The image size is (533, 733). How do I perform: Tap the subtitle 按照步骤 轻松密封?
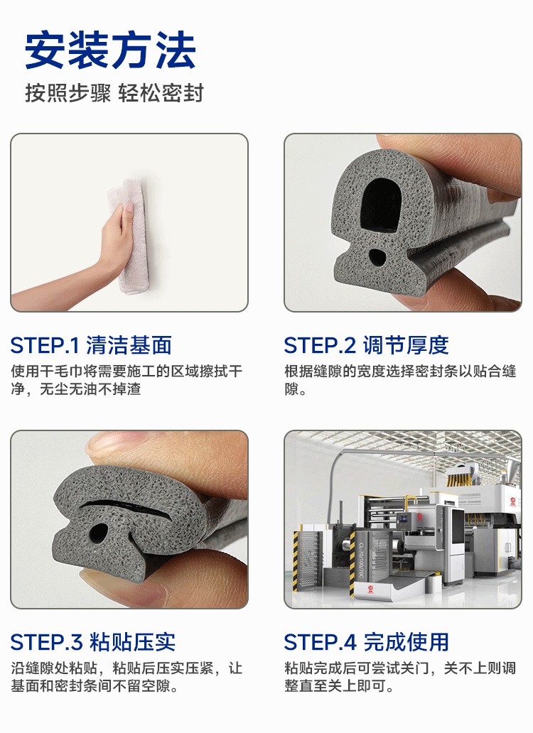(x=114, y=92)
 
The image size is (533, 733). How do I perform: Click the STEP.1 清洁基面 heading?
(x=91, y=345)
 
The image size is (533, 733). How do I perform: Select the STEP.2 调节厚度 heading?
(x=366, y=345)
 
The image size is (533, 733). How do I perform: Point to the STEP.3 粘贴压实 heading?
(x=93, y=642)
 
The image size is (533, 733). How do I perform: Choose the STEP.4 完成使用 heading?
(x=366, y=642)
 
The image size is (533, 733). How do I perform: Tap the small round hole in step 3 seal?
(x=98, y=532)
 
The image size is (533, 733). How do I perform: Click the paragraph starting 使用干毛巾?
(x=126, y=380)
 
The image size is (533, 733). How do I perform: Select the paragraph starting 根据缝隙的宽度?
(x=400, y=380)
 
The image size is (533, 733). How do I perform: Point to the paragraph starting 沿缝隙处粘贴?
(x=126, y=677)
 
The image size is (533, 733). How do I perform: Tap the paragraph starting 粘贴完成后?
(x=400, y=677)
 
